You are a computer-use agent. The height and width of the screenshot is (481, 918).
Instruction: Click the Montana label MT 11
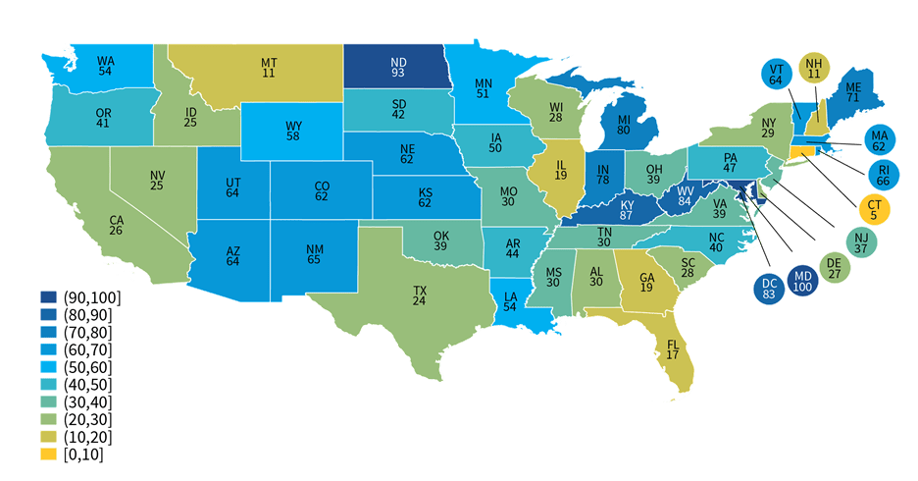(268, 68)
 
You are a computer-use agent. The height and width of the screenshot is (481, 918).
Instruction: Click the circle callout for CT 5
(873, 208)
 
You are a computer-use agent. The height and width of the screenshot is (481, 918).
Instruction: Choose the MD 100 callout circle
(802, 281)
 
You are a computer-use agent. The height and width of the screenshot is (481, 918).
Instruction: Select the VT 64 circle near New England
(776, 75)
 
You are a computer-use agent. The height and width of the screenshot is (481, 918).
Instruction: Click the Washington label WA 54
(106, 66)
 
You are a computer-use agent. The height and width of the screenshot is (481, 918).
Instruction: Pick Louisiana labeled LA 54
(510, 302)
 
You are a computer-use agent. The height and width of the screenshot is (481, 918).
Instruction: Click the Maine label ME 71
(852, 93)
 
